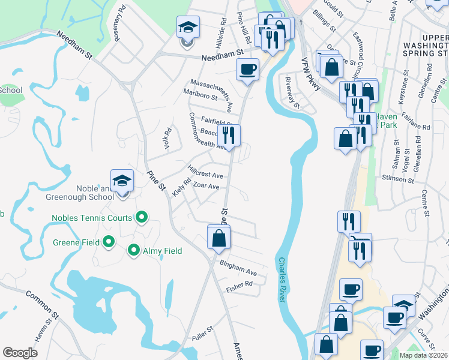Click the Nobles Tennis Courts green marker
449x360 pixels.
pos(142,217)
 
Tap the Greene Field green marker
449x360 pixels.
pos(109,242)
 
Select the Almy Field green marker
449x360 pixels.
pos(133,250)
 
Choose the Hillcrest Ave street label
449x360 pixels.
pos(205,172)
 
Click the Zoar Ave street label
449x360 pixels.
pos(206,187)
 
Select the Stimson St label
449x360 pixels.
pos(399,179)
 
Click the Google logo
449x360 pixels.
pos(20,352)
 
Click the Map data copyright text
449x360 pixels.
pos(424,355)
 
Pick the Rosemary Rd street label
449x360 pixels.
pos(118,25)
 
